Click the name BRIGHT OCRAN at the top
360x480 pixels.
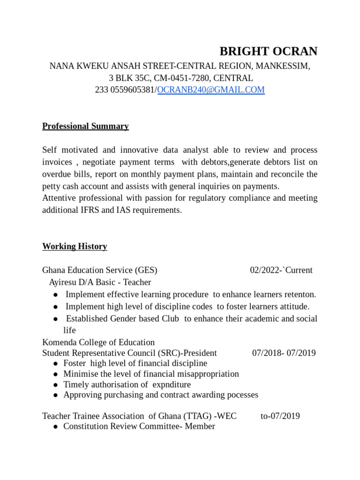[269, 51]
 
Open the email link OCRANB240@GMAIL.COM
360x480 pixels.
[211, 90]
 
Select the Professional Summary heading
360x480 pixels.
[85, 126]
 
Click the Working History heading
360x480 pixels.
[75, 246]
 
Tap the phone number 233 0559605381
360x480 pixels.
[125, 90]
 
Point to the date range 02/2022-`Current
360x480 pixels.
[281, 270]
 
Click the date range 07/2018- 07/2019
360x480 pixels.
[284, 353]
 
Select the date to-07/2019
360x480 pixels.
[280, 416]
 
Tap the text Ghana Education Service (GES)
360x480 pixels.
[99, 270]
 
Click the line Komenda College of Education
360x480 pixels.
[98, 342]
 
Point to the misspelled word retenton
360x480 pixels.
[300, 294]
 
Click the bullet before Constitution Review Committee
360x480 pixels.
[56, 427]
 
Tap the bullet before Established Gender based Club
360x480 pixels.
[56, 319]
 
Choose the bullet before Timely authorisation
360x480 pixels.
[56, 384]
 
